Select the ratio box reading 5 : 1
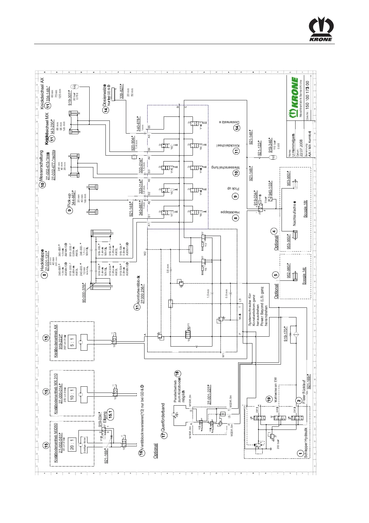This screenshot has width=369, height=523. click(x=72, y=342)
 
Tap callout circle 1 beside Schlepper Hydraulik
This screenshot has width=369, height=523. click(x=300, y=453)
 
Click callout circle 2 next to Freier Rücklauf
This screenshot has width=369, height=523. click(x=299, y=401)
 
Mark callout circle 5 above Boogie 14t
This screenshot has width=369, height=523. click(x=275, y=275)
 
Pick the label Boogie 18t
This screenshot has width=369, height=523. click(x=305, y=209)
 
